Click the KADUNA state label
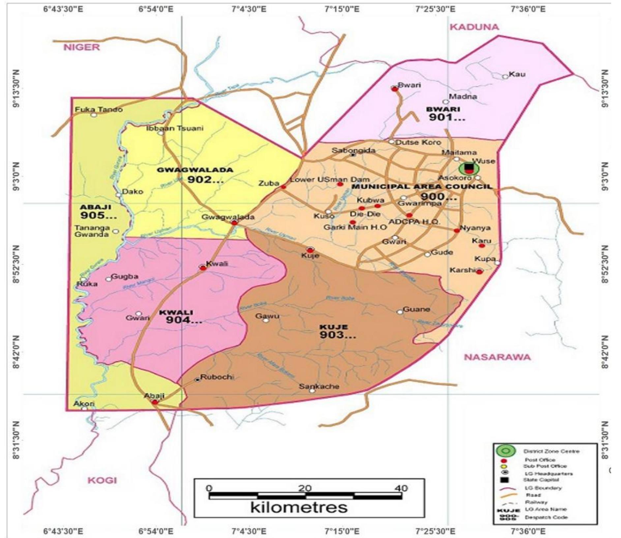pos(474,27)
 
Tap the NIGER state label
pos(81,47)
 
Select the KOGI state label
pos(102,480)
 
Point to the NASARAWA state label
pos(497,357)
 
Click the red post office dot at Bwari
pos(395,89)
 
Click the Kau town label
pos(517,74)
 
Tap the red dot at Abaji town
pos(155,402)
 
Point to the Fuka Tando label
pos(99,110)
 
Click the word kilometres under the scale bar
pos(299,507)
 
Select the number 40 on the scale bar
pos(401,488)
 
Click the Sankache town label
pos(319,386)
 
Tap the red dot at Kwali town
pos(203,268)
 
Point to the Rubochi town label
pos(217,377)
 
